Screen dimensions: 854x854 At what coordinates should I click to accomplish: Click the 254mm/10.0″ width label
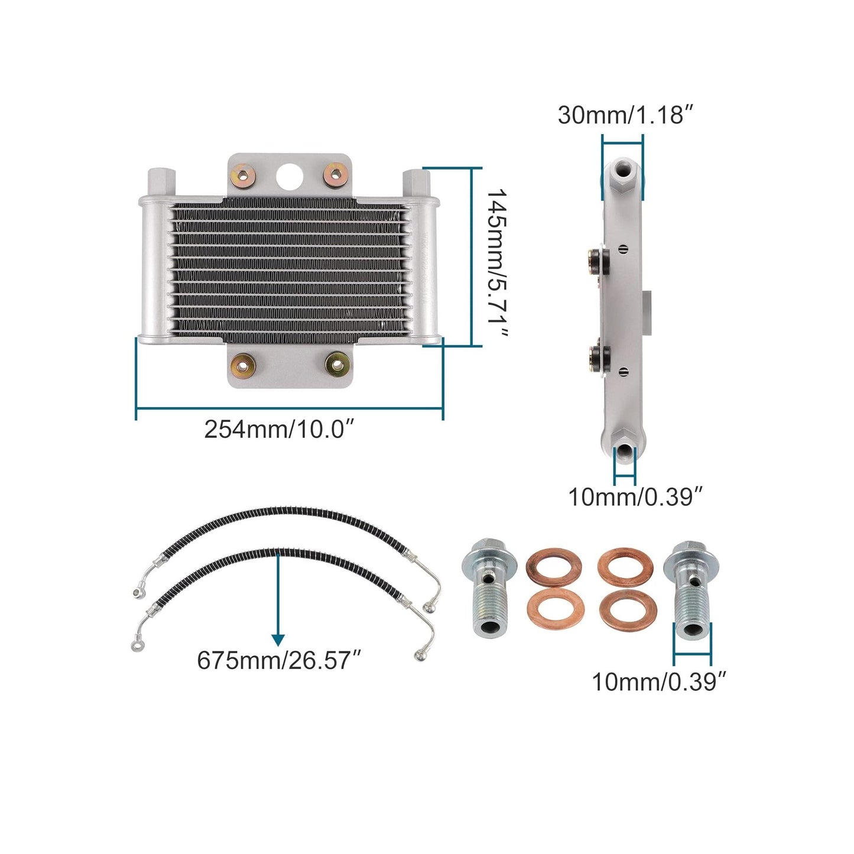tap(279, 428)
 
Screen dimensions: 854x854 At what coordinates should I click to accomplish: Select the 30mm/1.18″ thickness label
tap(625, 115)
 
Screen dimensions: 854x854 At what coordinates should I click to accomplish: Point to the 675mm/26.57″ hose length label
tap(278, 660)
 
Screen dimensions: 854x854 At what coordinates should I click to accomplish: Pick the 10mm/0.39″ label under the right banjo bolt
tap(658, 681)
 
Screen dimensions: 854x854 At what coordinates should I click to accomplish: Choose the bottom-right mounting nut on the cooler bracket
tap(337, 364)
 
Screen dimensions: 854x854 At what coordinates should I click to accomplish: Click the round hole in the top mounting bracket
tap(290, 175)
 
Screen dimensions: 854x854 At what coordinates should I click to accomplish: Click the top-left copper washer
tap(554, 567)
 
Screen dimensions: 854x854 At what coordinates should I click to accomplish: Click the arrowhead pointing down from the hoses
tap(278, 639)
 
